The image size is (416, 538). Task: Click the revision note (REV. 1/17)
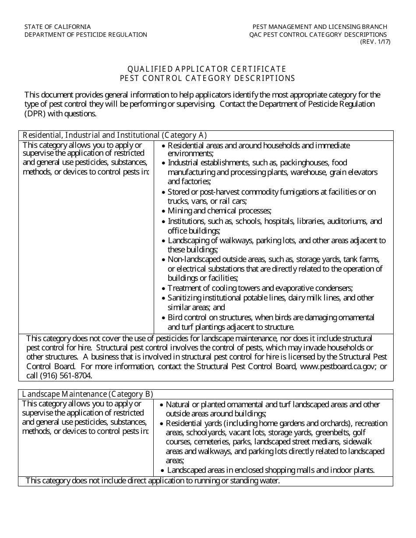coord(375,42)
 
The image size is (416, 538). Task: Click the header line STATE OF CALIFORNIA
coord(58,27)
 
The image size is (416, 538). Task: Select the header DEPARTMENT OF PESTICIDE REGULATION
coord(86,35)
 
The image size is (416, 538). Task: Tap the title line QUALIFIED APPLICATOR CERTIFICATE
coord(207,69)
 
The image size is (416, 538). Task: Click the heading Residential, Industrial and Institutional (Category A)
coord(115,135)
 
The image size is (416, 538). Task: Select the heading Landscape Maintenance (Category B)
coord(88,394)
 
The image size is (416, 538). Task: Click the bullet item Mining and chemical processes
coord(219,211)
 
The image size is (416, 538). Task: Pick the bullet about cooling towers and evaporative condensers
coord(260,288)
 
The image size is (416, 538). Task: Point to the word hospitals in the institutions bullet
coord(275,221)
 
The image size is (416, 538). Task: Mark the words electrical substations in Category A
coord(210,269)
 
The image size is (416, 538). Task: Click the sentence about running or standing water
coord(152,481)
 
